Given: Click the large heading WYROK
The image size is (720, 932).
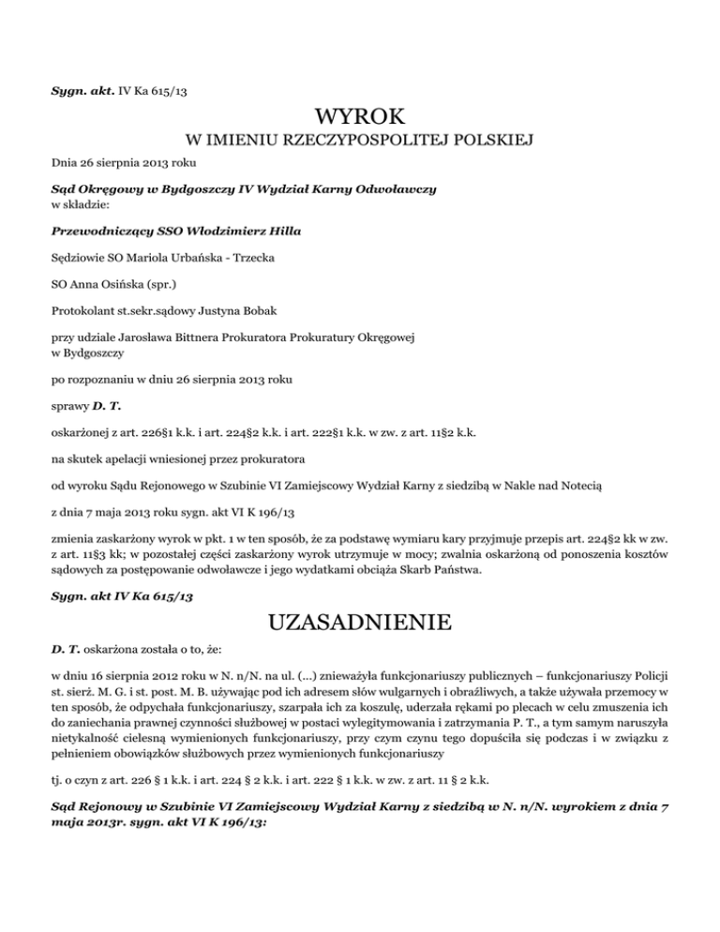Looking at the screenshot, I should pyautogui.click(x=360, y=118).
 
